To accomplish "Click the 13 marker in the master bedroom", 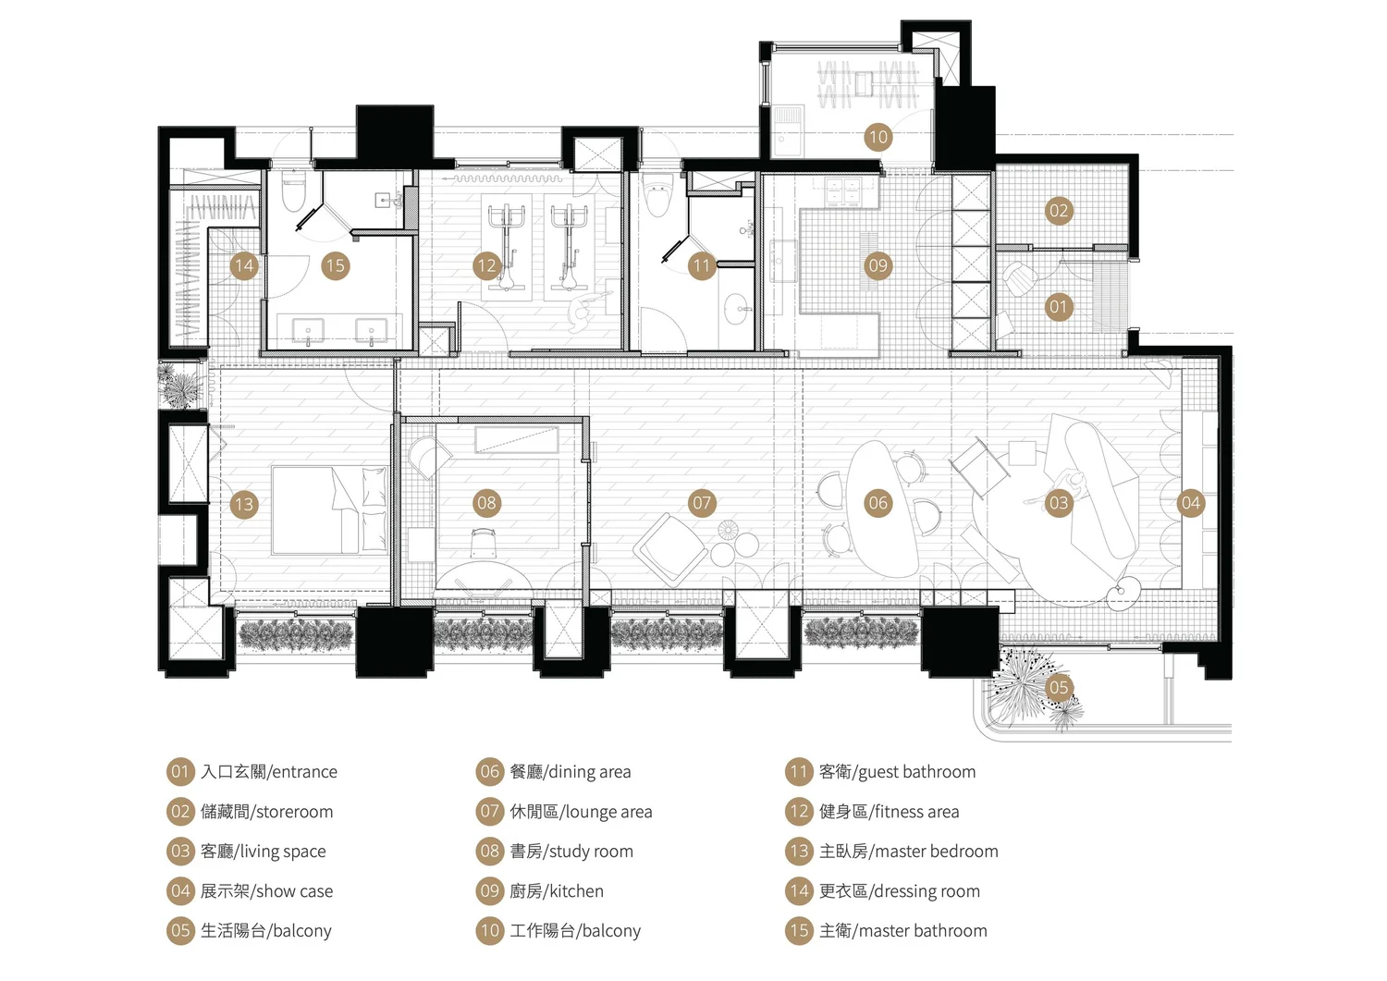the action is click(x=244, y=504).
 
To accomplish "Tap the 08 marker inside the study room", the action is click(x=486, y=503).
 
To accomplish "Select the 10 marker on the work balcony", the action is click(x=878, y=137).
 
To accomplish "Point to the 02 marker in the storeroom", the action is click(x=1058, y=211).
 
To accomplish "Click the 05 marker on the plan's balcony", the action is click(x=1058, y=687).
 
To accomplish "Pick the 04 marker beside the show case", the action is click(x=1190, y=503).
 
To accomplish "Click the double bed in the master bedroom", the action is click(x=329, y=509).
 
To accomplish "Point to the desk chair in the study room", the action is click(x=483, y=543).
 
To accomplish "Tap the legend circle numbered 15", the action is click(x=799, y=931).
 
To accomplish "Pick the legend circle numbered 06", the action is click(x=489, y=772).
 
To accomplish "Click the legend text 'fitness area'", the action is click(x=916, y=812).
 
